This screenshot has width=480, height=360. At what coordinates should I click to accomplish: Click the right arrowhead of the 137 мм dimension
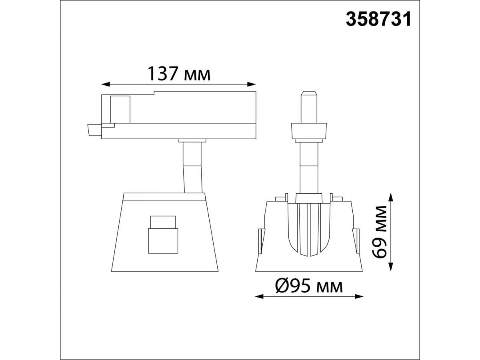click(251, 84)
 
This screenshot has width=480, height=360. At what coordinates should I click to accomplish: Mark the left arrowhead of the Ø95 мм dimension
click(260, 297)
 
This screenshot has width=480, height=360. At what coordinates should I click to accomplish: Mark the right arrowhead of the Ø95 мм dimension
click(359, 297)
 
